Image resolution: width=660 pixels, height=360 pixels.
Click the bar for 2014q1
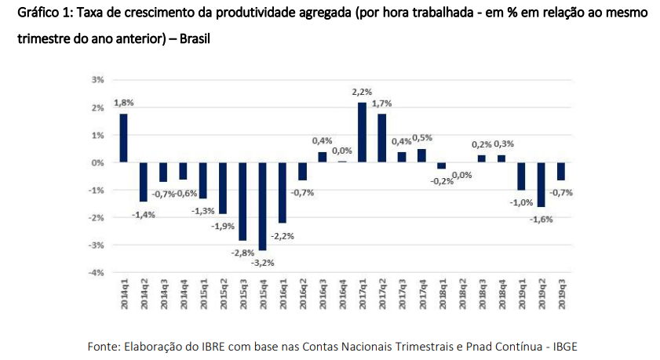click(123, 138)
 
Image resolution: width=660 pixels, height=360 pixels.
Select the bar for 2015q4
click(262, 205)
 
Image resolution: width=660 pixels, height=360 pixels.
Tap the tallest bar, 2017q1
click(362, 133)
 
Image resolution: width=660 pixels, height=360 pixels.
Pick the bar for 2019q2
click(541, 184)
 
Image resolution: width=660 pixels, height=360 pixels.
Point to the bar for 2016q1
click(283, 192)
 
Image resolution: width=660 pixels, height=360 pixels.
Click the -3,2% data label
click(261, 263)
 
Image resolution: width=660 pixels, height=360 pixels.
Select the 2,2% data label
click(362, 92)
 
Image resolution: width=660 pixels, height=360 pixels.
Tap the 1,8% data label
click(123, 103)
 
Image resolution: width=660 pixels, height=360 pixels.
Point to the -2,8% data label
click(242, 252)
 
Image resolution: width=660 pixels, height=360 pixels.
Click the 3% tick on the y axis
click(97, 80)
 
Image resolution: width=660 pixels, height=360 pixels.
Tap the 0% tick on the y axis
click(97, 162)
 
